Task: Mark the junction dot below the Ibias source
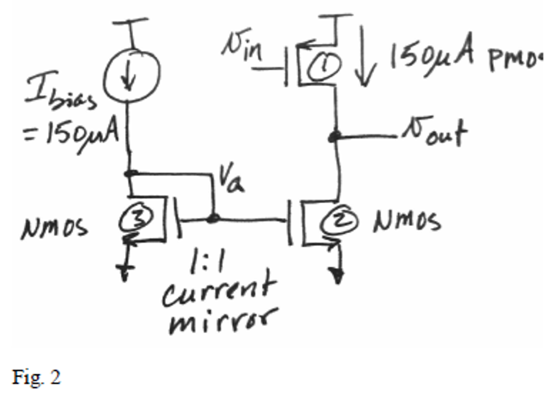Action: point(130,174)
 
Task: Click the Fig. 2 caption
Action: point(36,377)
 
